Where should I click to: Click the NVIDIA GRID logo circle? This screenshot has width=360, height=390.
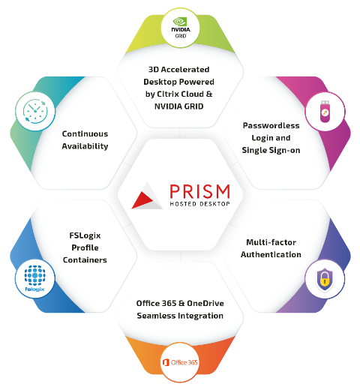pyautogui.click(x=180, y=28)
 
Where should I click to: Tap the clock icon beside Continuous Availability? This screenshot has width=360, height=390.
pyautogui.click(x=35, y=111)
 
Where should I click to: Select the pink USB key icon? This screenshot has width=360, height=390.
pyautogui.click(x=325, y=112)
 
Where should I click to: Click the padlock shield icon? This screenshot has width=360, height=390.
pyautogui.click(x=325, y=279)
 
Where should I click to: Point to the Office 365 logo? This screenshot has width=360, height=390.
pyautogui.click(x=180, y=362)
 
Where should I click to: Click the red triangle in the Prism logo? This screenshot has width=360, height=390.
pyautogui.click(x=142, y=200)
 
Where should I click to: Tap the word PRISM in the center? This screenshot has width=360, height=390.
pyautogui.click(x=199, y=192)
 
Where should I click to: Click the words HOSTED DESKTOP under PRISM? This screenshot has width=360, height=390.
pyautogui.click(x=199, y=204)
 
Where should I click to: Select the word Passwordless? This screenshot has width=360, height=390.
pyautogui.click(x=271, y=125)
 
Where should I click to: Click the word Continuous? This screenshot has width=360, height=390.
pyautogui.click(x=85, y=133)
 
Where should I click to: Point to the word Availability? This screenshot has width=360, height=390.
pyautogui.click(x=85, y=146)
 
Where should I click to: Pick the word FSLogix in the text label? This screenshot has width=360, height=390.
pyautogui.click(x=85, y=235)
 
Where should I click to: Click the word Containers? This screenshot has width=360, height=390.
pyautogui.click(x=85, y=260)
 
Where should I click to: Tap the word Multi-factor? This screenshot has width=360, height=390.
pyautogui.click(x=271, y=242)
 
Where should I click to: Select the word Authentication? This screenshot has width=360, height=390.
pyautogui.click(x=271, y=254)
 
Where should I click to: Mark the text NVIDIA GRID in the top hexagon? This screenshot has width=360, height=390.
pyautogui.click(x=179, y=106)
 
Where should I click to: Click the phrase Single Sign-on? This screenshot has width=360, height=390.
pyautogui.click(x=271, y=150)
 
